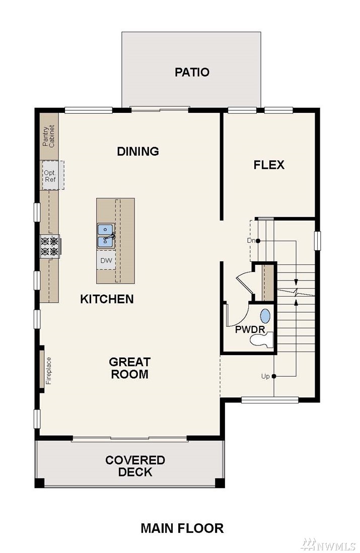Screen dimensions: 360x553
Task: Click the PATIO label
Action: point(192,73)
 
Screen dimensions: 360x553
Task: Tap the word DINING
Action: point(138,151)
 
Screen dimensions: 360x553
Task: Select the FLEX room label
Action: point(269,165)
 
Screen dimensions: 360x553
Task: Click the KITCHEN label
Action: point(107,299)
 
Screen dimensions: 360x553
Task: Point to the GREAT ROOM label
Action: point(130,368)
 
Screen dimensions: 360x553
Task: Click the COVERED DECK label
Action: point(135,466)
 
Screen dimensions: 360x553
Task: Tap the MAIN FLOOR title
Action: point(182,528)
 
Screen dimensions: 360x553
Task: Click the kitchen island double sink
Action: point(106,236)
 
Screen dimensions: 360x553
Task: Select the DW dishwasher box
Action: point(106,260)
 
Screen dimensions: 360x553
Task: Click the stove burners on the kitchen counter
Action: point(50,246)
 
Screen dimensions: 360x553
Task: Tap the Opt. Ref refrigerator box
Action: point(51,175)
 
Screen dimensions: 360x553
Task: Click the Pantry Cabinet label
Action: point(49,136)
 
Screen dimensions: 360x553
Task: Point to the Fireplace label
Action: point(49,371)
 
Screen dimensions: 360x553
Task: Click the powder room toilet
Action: point(262,340)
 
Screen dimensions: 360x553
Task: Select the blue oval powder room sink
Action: point(265,316)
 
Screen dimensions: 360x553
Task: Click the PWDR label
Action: point(250,330)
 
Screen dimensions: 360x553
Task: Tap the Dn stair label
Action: point(251,241)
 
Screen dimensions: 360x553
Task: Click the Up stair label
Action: point(265,376)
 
